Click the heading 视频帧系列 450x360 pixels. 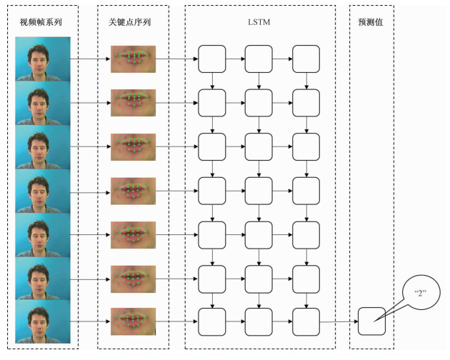point(43,22)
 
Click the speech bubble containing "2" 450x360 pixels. point(420,293)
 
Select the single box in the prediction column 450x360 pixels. point(371,321)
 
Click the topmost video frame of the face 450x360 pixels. point(43,59)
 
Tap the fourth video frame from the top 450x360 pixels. point(43,189)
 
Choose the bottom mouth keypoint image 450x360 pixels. point(133,320)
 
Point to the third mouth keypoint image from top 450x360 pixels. point(133,146)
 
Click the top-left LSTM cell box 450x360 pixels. point(211,59)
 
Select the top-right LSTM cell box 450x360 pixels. point(306,59)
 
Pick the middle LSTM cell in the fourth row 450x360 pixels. point(259,189)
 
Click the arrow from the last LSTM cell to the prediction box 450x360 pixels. point(339,321)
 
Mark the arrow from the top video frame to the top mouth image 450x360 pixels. point(91,59)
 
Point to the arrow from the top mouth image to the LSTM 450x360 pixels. point(176,59)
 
